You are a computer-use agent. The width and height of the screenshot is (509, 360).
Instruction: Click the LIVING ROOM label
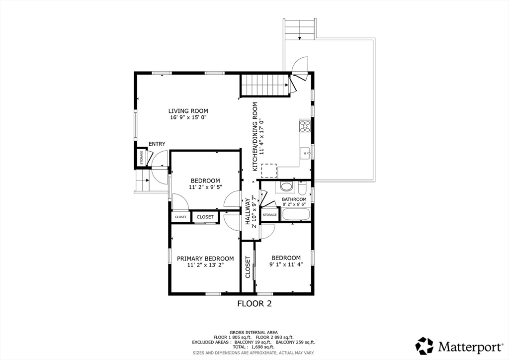coord(188,111)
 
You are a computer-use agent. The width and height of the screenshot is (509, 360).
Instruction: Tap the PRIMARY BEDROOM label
coord(205,259)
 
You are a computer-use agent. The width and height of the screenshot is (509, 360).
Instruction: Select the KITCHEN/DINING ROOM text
coord(255,137)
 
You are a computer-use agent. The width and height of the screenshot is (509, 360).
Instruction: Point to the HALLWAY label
coord(248,211)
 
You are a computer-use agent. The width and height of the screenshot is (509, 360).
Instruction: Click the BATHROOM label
coord(294,199)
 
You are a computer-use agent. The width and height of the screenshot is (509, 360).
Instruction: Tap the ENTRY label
coord(157,144)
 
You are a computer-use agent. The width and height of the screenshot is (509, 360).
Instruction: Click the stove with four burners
coord(305,126)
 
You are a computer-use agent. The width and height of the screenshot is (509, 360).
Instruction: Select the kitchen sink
coord(305,153)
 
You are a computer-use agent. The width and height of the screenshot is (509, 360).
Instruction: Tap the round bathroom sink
coord(286,186)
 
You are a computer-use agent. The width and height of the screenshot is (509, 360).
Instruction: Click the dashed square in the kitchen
coord(269,171)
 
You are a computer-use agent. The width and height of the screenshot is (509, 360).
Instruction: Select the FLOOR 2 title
coord(254,304)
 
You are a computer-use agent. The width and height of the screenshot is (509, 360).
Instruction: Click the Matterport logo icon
coord(424,346)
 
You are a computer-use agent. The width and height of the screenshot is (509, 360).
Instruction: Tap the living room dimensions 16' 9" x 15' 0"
coord(188,117)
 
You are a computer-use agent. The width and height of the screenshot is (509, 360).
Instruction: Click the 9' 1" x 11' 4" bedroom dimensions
coord(286,265)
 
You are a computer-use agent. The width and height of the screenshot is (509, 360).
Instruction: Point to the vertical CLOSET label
coord(248,267)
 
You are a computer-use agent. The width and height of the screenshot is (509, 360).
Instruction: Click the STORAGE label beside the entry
coord(141,158)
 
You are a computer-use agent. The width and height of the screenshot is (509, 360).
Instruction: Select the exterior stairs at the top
coord(300,29)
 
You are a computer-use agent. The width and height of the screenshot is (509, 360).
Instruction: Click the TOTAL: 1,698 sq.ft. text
coord(254,347)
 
